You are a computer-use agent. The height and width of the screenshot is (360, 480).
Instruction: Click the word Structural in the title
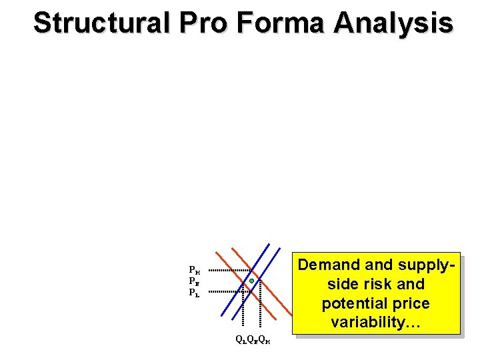coord(101,23)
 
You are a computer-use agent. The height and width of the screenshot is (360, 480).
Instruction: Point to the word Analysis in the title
coord(393,23)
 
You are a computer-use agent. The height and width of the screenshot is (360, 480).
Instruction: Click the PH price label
coord(195,271)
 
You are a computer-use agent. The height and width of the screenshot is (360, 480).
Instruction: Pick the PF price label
coord(195,281)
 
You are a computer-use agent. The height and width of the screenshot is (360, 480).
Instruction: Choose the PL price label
coord(195,292)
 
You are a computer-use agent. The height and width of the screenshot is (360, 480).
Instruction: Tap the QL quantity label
coord(241,339)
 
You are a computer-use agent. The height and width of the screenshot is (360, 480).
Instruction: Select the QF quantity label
coord(252,339)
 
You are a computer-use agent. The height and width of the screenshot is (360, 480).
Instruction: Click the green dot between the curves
coord(251,281)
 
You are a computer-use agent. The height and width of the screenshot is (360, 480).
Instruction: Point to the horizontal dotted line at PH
coord(227,270)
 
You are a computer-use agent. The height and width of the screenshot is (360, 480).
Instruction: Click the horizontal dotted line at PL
coord(223,292)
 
